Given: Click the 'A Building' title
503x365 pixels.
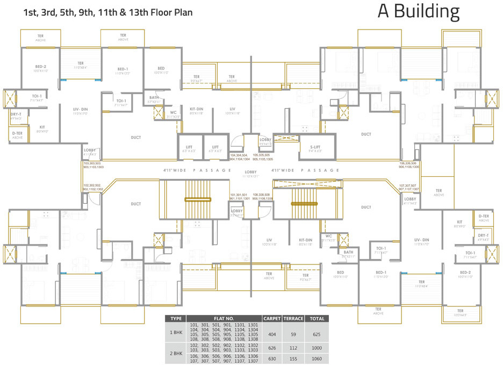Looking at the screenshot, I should click(419, 12).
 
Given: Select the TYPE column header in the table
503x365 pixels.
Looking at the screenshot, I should click(176, 319).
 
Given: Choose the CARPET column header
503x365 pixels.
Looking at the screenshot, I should click(272, 319).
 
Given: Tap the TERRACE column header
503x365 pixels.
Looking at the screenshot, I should click(293, 319).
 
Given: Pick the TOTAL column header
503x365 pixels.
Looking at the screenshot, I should click(317, 319).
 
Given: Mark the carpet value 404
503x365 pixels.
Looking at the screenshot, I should click(272, 334).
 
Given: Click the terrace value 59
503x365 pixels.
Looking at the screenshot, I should click(293, 334).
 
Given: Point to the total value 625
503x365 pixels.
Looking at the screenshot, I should click(317, 334).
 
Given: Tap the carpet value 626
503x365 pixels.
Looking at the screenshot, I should click(272, 347).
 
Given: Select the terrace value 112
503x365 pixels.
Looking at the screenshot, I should click(293, 347).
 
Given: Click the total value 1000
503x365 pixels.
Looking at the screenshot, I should click(317, 347).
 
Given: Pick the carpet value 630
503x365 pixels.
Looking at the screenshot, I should click(272, 359).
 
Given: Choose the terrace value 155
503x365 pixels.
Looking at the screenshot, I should click(293, 359).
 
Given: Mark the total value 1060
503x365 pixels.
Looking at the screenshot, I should click(317, 359).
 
